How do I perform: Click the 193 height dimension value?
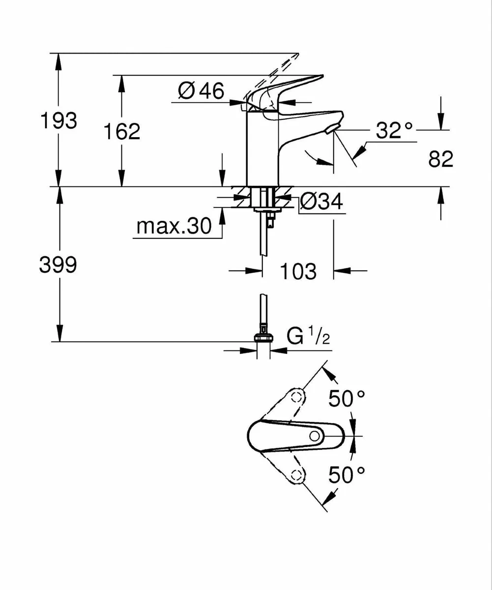pyautogui.click(x=58, y=120)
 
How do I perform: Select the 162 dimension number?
pyautogui.click(x=122, y=131)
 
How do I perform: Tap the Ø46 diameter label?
pyautogui.click(x=201, y=91)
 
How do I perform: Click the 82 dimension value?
pyautogui.click(x=440, y=159)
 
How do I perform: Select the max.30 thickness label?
pyautogui.click(x=174, y=227)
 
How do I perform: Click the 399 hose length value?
pyautogui.click(x=58, y=266)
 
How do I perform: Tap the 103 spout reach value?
pyautogui.click(x=298, y=271)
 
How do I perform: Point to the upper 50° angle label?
pyautogui.click(x=347, y=399)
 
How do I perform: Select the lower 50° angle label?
pyautogui.click(x=347, y=475)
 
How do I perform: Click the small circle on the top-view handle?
pyautogui.click(x=315, y=436)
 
